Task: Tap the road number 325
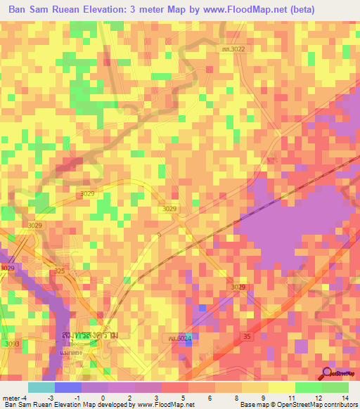[x=60, y=271]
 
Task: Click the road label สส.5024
[x=178, y=339]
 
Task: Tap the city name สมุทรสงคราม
[x=90, y=336]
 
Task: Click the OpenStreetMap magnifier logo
[x=326, y=373]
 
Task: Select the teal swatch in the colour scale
[x=41, y=387]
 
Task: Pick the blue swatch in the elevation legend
[x=68, y=387]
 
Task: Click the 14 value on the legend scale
[x=345, y=397]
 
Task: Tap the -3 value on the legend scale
[x=50, y=397]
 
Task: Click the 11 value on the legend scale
[x=292, y=397]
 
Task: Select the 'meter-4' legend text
[x=15, y=397]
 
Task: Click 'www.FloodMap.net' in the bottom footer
[x=160, y=405]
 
